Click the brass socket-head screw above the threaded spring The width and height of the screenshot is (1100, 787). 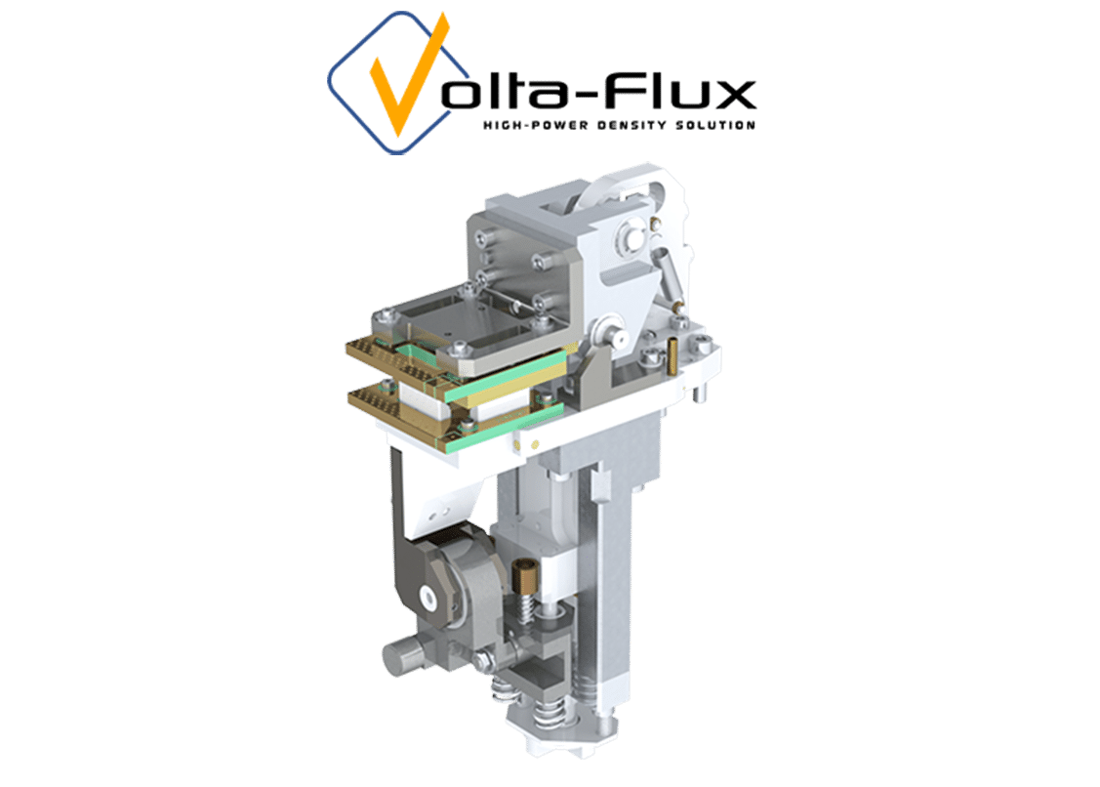[x=524, y=574]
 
